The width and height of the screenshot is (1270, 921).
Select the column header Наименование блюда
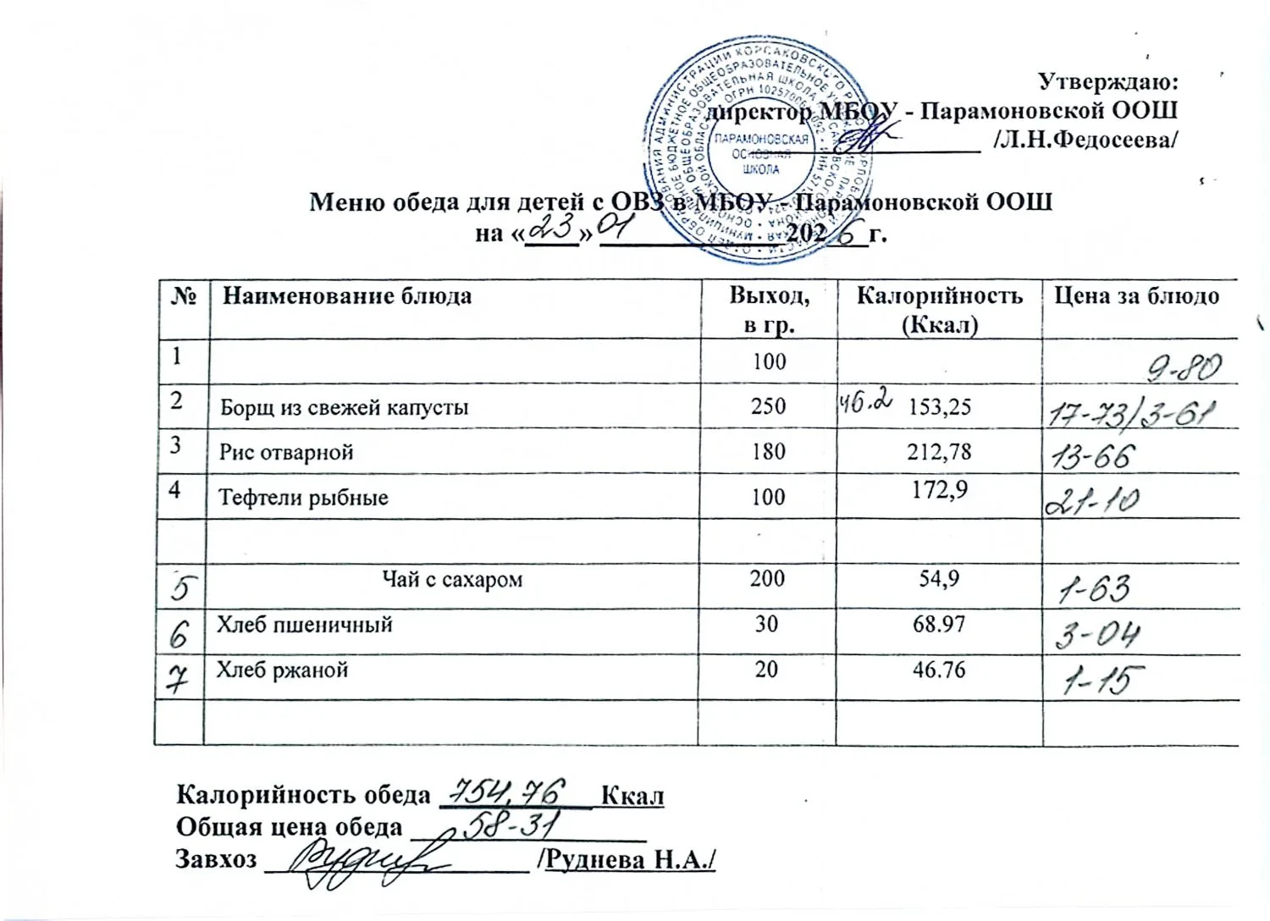click(347, 296)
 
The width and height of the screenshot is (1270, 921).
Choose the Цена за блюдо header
click(1136, 296)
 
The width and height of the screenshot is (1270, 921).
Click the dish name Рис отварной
click(286, 452)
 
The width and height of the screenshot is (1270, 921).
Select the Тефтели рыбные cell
click(304, 497)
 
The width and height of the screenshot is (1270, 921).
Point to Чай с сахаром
click(453, 580)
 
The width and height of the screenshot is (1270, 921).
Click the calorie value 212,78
click(939, 452)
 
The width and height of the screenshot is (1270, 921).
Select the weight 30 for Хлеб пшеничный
click(768, 625)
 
